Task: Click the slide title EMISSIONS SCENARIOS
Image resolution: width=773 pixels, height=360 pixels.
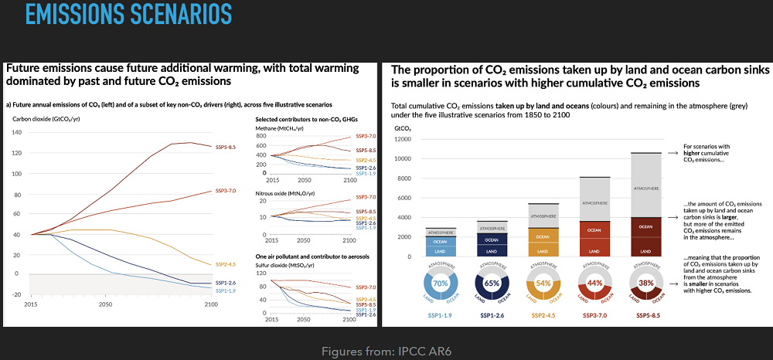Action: tap(128, 15)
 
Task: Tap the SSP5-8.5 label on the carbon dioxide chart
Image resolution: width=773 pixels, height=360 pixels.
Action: tap(226, 145)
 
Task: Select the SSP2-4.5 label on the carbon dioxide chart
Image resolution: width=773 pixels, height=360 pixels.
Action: tap(226, 263)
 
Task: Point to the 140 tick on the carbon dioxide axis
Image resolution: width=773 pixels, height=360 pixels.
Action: tap(17, 132)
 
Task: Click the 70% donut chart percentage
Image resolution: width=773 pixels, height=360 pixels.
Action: tap(441, 284)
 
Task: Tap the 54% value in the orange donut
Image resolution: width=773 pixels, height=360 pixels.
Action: tap(543, 284)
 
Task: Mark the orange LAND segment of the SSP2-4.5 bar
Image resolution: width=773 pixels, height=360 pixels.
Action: tap(543, 251)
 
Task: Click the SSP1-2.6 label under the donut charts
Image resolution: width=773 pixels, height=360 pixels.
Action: tap(492, 315)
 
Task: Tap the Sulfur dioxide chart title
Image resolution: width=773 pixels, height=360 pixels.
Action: tap(284, 264)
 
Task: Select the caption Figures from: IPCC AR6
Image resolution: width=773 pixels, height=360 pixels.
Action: tap(386, 352)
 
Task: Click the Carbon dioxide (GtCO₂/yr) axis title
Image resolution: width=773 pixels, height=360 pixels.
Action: tap(46, 119)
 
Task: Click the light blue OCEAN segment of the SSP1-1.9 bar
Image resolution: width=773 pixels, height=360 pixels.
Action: tap(441, 241)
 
